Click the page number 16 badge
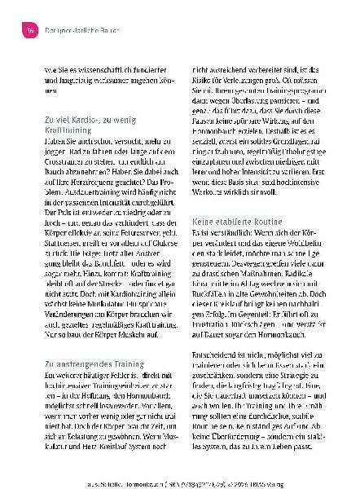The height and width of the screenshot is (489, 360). point(26,29)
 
